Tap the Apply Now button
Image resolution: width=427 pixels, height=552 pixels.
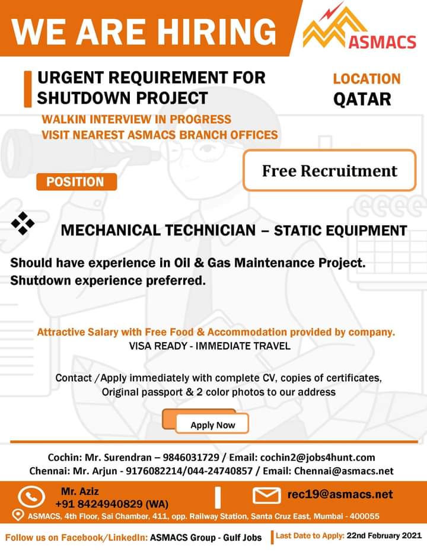click(212, 425)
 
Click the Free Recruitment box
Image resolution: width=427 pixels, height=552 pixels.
click(329, 171)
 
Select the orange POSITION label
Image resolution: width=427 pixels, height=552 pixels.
click(77, 181)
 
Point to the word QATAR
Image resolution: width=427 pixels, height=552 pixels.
click(362, 98)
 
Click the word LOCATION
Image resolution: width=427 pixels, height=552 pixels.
click(367, 78)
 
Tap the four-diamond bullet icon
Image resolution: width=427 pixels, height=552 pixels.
click(23, 224)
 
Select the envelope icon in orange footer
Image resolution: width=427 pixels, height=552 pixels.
click(266, 495)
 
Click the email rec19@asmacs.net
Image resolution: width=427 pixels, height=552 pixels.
click(340, 494)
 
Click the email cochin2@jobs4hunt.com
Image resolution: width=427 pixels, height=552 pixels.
click(318, 458)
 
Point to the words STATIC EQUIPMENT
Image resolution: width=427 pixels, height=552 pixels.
click(340, 231)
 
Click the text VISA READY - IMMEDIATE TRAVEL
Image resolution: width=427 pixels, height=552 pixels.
click(209, 346)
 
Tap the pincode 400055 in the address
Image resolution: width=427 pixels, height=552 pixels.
click(364, 516)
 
